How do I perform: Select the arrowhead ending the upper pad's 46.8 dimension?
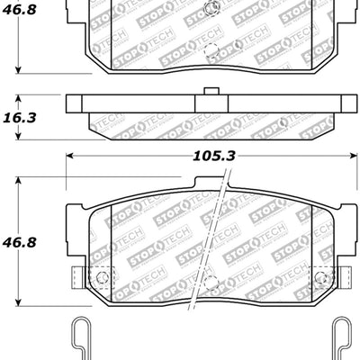click(19, 71)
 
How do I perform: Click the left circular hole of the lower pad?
click(101, 276)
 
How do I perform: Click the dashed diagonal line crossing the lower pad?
click(215, 234)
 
